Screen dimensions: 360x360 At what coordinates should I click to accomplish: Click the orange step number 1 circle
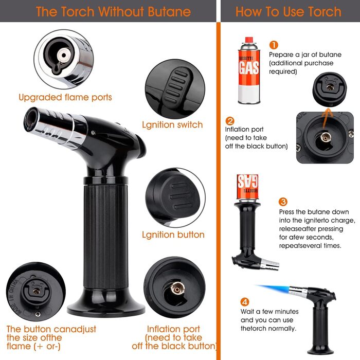pyautogui.click(x=274, y=45)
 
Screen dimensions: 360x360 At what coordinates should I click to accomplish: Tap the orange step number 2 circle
pyautogui.click(x=230, y=121)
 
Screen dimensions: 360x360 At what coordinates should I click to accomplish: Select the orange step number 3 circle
pyautogui.click(x=283, y=202)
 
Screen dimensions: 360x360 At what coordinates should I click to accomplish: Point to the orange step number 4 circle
pyautogui.click(x=245, y=302)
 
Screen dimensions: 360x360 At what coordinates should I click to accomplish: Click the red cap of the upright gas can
pyautogui.click(x=249, y=40)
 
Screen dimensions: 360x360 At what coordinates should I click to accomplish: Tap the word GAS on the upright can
pyautogui.click(x=249, y=68)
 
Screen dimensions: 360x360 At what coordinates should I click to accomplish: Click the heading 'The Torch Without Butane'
pyautogui.click(x=114, y=11)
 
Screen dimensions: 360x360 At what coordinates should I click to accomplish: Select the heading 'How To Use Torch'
pyautogui.click(x=289, y=11)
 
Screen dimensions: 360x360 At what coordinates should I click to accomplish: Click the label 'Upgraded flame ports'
pyautogui.click(x=65, y=97)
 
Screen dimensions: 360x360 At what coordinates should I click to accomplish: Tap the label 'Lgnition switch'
pyautogui.click(x=172, y=124)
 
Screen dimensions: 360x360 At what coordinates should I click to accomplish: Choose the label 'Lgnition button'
pyautogui.click(x=173, y=235)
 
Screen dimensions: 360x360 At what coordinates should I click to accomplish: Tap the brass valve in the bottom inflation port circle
pyautogui.click(x=177, y=289)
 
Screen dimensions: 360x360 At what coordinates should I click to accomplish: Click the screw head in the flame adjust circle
pyautogui.click(x=38, y=314)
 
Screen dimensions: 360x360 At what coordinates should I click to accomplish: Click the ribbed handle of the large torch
pyautogui.click(x=105, y=237)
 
